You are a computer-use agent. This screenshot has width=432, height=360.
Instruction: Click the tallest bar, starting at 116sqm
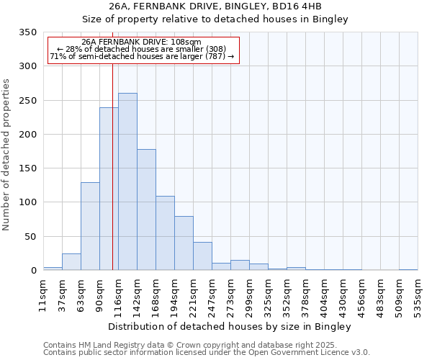(x=127, y=181)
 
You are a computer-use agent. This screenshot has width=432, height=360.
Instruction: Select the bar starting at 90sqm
(x=109, y=189)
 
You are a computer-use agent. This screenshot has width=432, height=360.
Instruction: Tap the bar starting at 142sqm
(x=146, y=210)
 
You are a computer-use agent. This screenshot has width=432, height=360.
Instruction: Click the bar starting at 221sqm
(x=202, y=256)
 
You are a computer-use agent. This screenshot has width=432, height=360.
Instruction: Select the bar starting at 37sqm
(x=71, y=261)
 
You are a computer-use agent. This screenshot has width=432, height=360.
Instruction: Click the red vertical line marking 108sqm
(x=112, y=166)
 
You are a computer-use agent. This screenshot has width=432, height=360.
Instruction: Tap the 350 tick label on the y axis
(x=27, y=32)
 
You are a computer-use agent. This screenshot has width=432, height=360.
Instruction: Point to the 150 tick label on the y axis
(x=27, y=168)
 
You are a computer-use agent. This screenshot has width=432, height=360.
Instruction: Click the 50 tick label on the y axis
(x=30, y=236)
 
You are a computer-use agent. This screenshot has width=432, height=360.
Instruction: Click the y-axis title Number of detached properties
(x=6, y=155)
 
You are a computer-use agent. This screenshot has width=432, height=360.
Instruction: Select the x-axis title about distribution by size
(x=230, y=327)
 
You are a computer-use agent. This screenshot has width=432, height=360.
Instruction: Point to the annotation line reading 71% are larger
(x=142, y=56)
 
